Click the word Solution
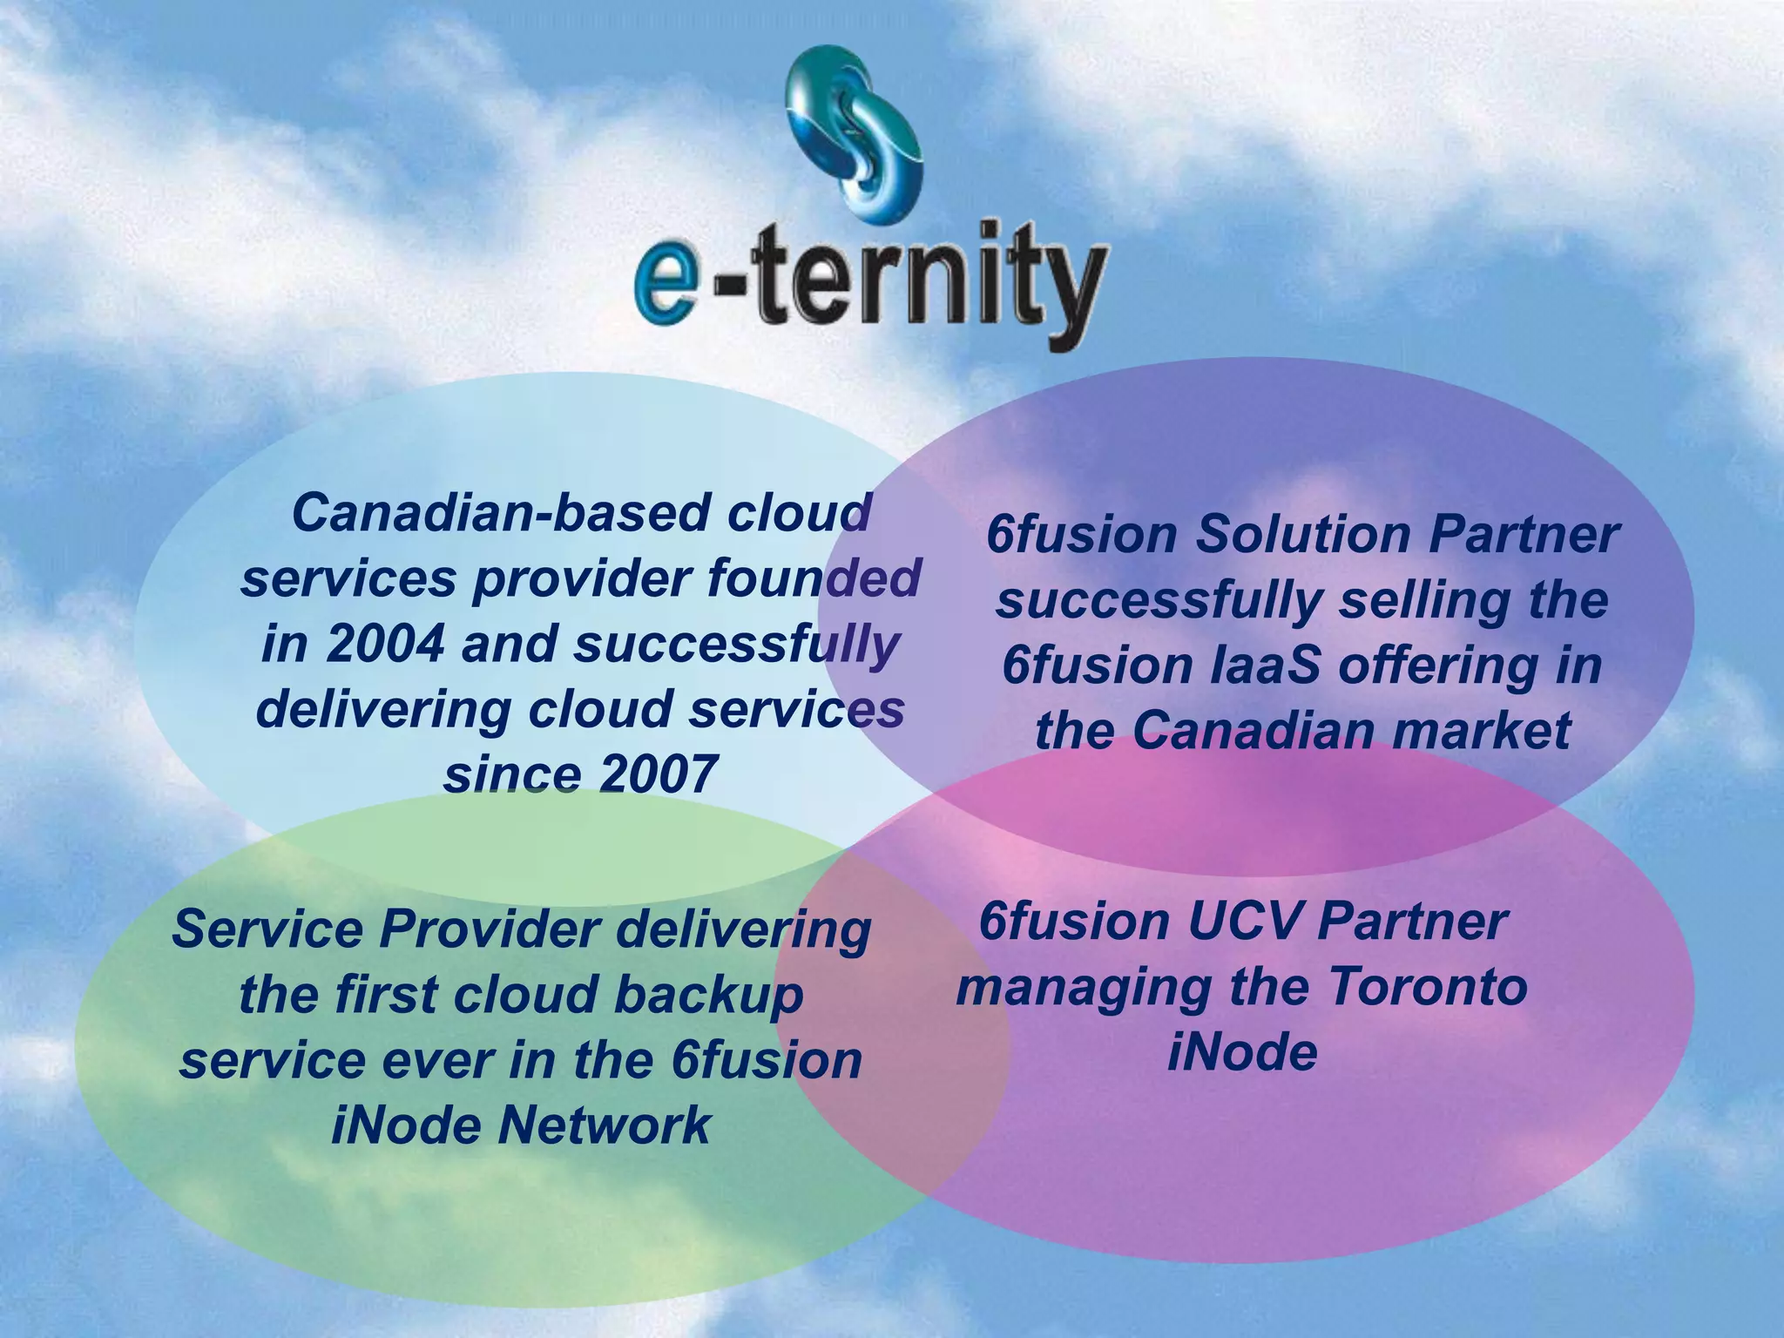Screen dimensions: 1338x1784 (1301, 535)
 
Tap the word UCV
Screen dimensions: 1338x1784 (1236, 922)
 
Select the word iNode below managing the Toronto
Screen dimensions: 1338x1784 (1241, 1052)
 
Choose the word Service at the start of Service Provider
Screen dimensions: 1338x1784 (267, 929)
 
